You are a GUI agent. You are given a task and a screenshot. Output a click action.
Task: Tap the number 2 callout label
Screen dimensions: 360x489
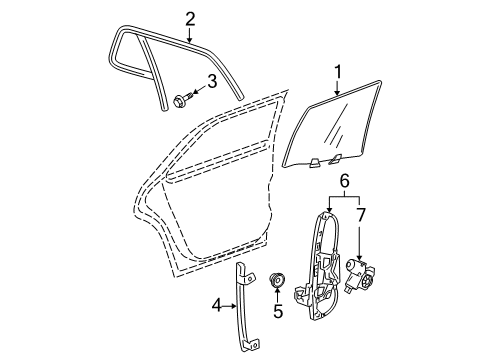point(189,17)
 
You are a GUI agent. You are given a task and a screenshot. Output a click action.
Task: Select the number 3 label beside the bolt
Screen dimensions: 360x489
point(212,82)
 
